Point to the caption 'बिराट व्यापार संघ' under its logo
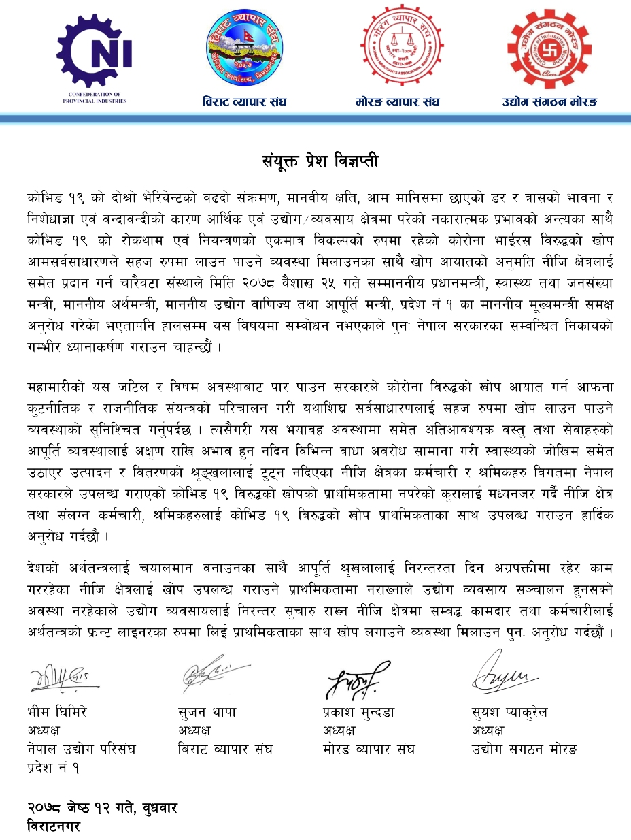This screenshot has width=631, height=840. [244, 102]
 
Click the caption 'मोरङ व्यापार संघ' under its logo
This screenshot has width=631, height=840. [397, 102]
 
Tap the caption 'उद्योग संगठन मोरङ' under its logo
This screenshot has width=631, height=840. [549, 102]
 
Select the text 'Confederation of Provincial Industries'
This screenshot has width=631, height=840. [94, 96]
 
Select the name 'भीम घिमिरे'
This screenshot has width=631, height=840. [57, 713]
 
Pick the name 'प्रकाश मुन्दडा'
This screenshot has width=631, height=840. [358, 713]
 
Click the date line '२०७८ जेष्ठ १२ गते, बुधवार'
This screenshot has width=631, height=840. [102, 807]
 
